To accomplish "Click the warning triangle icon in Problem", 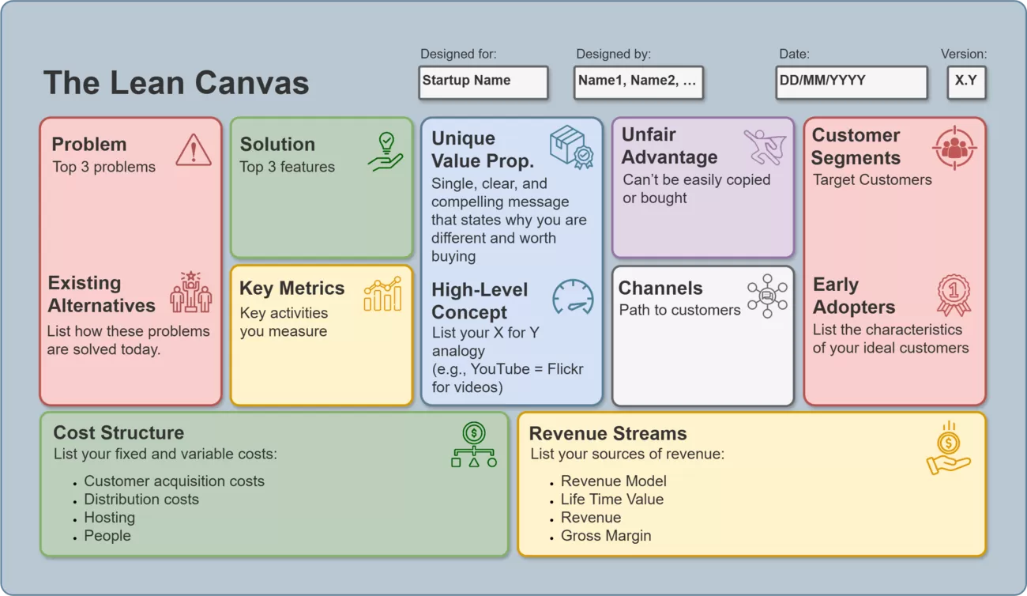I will coord(194,149).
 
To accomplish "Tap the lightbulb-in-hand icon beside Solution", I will coord(386,151).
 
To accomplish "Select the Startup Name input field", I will coord(483,81).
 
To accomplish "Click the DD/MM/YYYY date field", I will coord(851,81).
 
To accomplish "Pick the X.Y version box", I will coord(966,81).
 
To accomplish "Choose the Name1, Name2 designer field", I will coord(638,81).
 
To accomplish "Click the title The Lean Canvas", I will coord(176,83).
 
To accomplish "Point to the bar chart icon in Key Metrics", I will coord(382,294).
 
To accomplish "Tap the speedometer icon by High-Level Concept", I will coord(573,296).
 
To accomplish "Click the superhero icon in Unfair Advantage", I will coord(765,147).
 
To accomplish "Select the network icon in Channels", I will coord(767,296).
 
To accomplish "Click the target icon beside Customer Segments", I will coord(954,147).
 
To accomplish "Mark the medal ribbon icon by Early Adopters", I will coord(954,295).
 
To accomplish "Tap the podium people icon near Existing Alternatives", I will coord(191,292).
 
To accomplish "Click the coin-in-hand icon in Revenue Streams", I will coord(948,448).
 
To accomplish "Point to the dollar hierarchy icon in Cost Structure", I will coord(474,445).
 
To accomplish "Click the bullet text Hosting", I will coord(109,518).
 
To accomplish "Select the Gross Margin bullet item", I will coord(606,536).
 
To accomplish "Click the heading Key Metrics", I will coord(292,289).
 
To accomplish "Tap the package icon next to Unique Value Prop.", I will coord(570,147).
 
